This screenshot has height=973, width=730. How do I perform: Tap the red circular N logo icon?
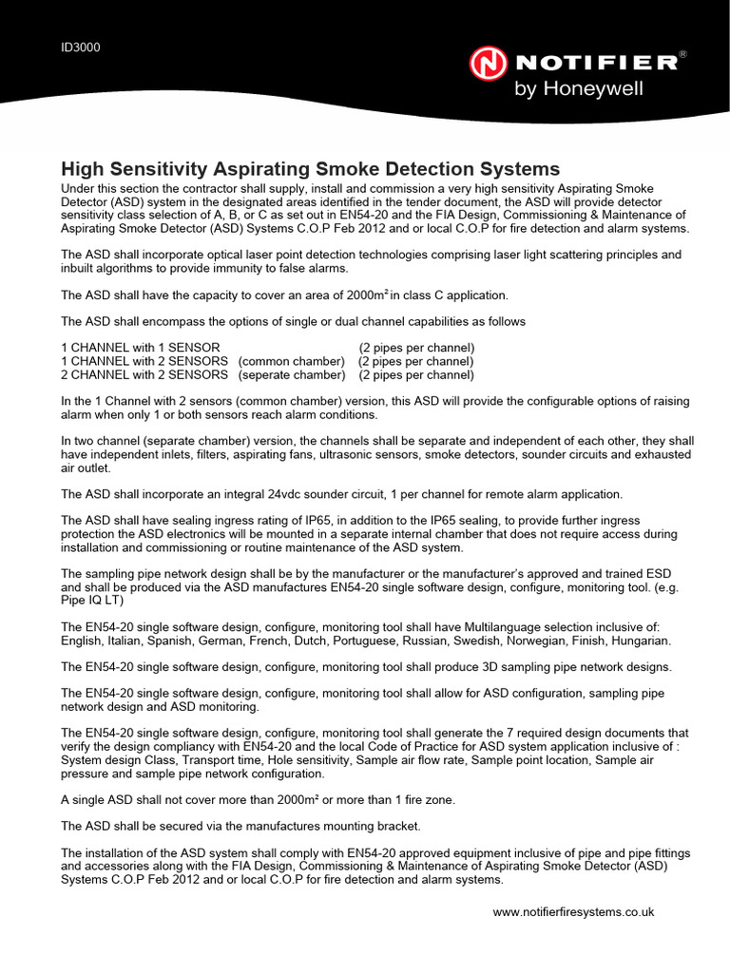point(490,65)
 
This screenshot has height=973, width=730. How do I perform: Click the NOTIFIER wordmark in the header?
point(595,64)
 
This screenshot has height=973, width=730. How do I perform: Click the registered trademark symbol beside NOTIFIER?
point(682,56)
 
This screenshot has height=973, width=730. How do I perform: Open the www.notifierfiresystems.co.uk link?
point(573,911)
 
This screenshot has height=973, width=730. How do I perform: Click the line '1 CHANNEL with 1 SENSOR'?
point(141,348)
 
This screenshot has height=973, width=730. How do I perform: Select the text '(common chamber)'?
point(291,361)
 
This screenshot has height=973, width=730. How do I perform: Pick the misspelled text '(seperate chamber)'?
point(292,374)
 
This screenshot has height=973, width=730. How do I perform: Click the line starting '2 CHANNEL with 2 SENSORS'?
point(144,374)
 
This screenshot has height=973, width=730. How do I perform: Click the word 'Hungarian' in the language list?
point(641,640)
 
